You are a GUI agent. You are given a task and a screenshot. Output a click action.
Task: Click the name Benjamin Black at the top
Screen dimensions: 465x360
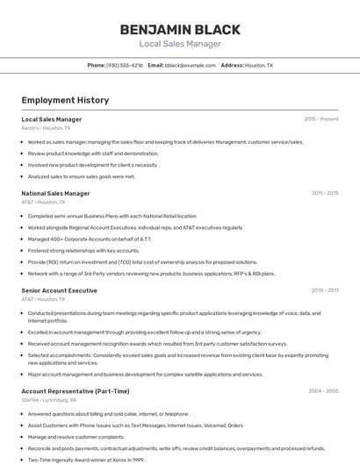tap(179, 29)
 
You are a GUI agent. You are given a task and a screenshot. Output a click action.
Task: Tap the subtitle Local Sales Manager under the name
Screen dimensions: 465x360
tap(179, 44)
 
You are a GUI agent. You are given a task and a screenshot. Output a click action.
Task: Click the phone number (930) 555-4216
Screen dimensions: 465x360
tap(125, 65)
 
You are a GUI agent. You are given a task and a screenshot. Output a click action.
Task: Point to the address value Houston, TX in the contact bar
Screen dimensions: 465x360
tap(258, 65)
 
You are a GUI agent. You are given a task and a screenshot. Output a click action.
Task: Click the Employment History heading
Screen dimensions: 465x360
tap(65, 100)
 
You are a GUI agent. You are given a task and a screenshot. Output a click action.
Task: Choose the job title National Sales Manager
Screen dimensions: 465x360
tap(55, 193)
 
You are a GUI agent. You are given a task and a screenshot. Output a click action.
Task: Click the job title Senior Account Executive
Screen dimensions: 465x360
tap(59, 290)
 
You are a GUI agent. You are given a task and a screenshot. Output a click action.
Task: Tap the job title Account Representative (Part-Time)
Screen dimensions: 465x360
tap(76, 390)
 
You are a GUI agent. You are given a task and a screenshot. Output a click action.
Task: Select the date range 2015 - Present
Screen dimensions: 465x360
tap(320, 118)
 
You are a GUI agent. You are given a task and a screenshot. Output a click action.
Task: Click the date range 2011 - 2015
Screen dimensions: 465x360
tap(324, 193)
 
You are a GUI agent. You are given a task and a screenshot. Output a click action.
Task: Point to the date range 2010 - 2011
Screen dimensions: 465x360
tap(324, 290)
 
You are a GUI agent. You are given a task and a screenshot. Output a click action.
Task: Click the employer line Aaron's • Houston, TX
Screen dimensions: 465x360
tap(46, 128)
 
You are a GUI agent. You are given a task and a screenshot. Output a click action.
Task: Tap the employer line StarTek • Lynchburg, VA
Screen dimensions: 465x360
tap(49, 400)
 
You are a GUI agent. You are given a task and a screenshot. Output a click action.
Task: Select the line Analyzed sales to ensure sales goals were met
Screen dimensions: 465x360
tap(82, 176)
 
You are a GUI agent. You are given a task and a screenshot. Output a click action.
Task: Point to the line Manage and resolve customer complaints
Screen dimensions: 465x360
tap(76, 436)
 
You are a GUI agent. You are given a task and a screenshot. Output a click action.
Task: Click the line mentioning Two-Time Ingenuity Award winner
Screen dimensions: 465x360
tap(86, 459)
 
